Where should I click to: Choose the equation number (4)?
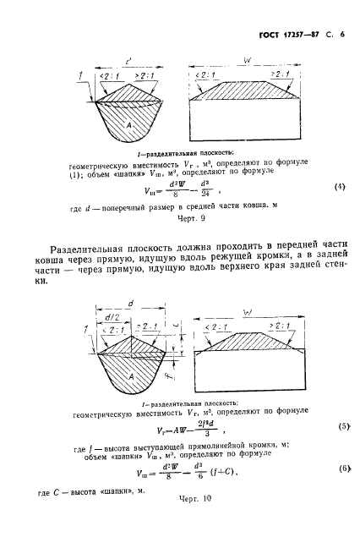(x=340, y=210)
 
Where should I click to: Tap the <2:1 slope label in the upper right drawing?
(x=208, y=74)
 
